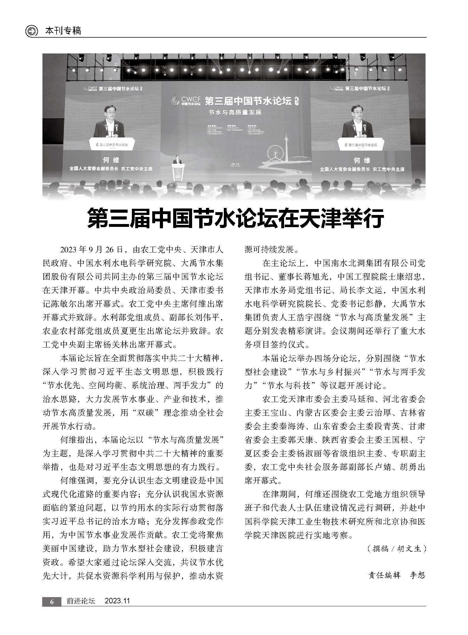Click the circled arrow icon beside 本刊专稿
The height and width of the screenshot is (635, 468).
click(31, 31)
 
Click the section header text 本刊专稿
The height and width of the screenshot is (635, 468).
click(63, 31)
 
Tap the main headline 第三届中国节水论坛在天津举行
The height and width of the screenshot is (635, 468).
click(235, 218)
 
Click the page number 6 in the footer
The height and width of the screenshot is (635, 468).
click(51, 602)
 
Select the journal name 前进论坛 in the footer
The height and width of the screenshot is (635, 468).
click(81, 601)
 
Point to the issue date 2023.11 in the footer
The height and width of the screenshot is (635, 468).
click(117, 601)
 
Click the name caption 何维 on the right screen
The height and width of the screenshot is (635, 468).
click(362, 161)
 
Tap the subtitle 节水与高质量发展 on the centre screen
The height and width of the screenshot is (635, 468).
click(235, 113)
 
